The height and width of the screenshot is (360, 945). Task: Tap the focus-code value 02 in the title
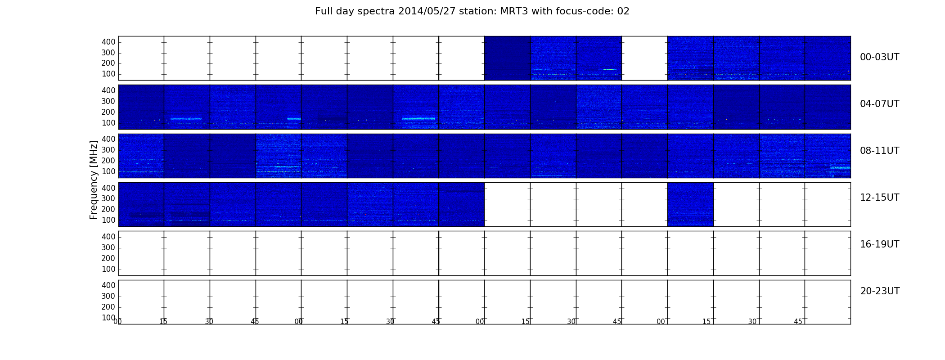(x=623, y=11)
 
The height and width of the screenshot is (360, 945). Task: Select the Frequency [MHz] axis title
(x=94, y=180)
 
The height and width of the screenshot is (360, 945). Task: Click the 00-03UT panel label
(x=880, y=57)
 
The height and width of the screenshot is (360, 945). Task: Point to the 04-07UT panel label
(x=880, y=104)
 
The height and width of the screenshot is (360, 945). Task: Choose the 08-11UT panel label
(x=880, y=151)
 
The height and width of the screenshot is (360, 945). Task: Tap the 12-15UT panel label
(x=880, y=198)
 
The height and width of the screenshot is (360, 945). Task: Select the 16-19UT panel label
(x=880, y=244)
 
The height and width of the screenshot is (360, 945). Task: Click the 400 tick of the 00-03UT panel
(x=108, y=42)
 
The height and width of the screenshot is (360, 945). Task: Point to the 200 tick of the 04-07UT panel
(x=108, y=112)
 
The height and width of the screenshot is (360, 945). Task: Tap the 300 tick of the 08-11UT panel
(x=108, y=150)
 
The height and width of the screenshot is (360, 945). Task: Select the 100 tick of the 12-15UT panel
(x=108, y=220)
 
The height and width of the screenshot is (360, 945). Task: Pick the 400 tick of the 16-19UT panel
(x=108, y=237)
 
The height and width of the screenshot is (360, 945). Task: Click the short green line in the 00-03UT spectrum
(x=610, y=70)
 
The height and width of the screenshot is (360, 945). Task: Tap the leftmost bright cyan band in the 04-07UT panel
(x=186, y=119)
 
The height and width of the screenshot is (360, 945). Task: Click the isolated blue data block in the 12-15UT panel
(x=690, y=204)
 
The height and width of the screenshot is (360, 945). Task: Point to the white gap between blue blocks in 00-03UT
(x=644, y=58)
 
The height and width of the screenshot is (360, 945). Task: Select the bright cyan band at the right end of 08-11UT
(x=840, y=168)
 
